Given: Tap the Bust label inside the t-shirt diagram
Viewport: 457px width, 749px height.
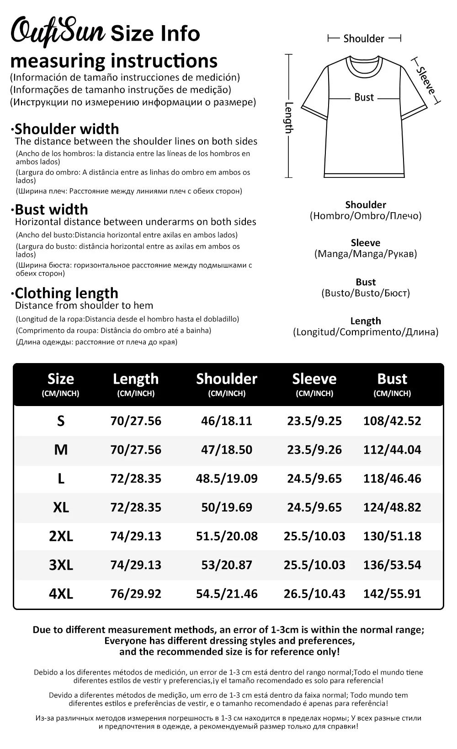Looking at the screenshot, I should click(364, 97).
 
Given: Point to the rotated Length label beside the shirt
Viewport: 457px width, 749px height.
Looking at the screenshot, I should click(289, 117).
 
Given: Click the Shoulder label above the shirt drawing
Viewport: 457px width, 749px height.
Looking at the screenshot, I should click(364, 39).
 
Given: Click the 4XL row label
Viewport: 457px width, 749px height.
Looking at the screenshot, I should click(61, 594).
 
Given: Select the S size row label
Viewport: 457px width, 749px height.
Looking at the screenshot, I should click(61, 421).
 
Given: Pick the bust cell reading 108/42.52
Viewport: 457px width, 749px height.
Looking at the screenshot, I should click(392, 421).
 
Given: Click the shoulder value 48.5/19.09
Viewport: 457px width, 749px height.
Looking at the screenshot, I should click(227, 479).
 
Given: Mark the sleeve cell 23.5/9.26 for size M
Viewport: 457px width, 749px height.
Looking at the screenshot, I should click(314, 450).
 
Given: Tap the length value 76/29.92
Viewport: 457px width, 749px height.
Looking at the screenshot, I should click(136, 594).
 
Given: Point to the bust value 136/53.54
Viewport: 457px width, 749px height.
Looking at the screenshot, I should click(392, 565).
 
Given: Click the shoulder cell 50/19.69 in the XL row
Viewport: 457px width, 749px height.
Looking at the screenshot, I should click(227, 508).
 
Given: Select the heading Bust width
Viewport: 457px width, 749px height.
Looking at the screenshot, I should click(51, 209).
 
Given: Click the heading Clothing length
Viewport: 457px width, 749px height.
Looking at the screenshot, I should click(66, 293).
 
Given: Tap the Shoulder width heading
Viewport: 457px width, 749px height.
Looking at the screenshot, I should click(66, 129).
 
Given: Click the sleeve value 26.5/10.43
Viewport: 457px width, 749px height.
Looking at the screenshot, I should click(314, 594).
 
